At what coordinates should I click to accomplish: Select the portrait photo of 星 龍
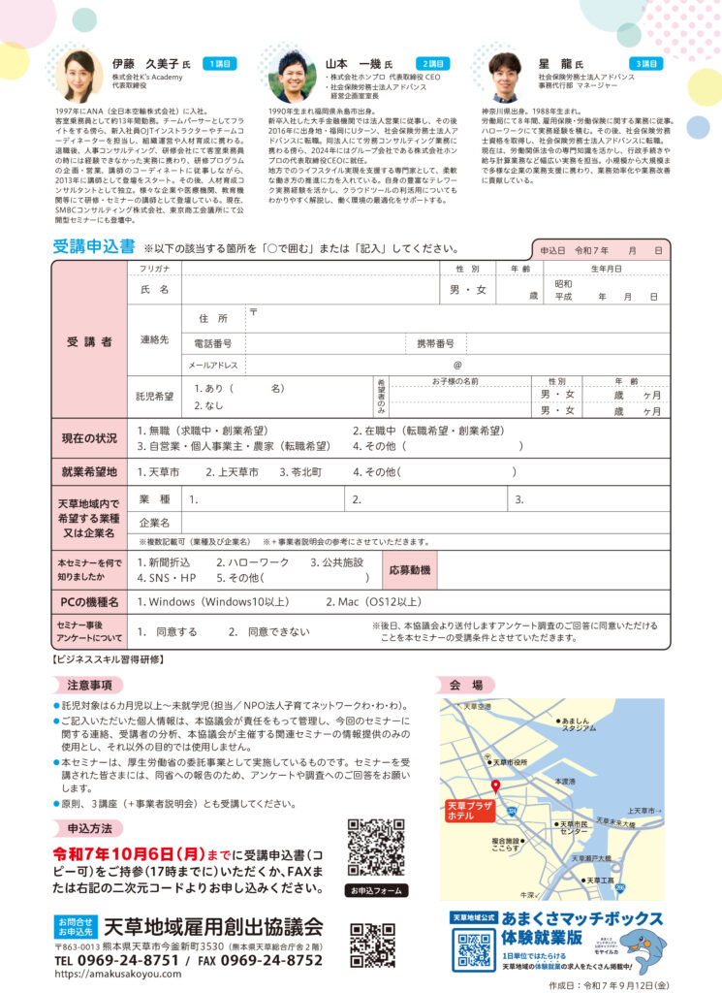pyautogui.click(x=504, y=78)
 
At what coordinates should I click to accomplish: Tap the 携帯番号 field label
pyautogui.click(x=435, y=344)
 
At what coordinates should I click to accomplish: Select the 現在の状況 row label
pyautogui.click(x=89, y=438)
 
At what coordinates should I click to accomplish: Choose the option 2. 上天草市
pyautogui.click(x=232, y=472)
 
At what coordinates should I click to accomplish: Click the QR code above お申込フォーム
pyautogui.click(x=375, y=849)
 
